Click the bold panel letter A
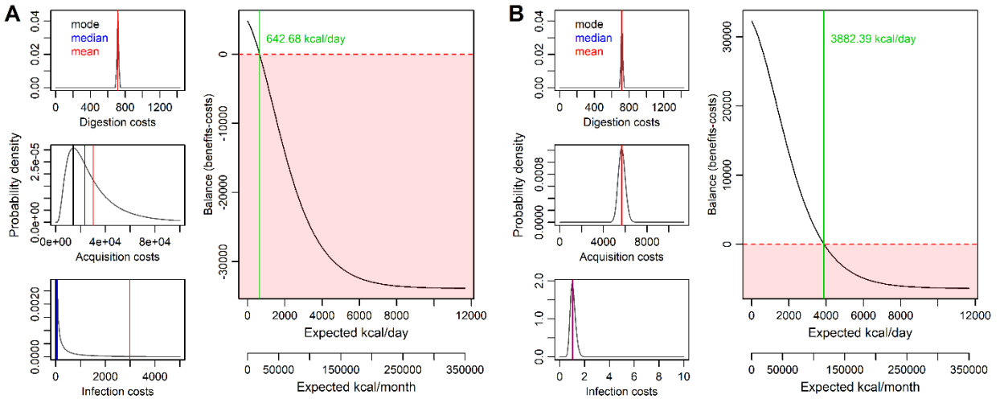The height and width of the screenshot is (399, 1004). point(11,14)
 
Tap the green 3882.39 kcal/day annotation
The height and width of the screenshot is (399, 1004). point(872,39)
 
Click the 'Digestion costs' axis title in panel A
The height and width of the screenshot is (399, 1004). point(117,121)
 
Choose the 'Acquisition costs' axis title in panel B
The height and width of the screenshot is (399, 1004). point(621,257)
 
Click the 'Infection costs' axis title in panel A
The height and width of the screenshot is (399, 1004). point(117,392)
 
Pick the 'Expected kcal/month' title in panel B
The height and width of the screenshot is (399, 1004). point(859,387)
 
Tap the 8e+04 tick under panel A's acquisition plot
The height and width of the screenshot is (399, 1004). point(156,242)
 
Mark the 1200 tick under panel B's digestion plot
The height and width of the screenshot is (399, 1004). point(664,107)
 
